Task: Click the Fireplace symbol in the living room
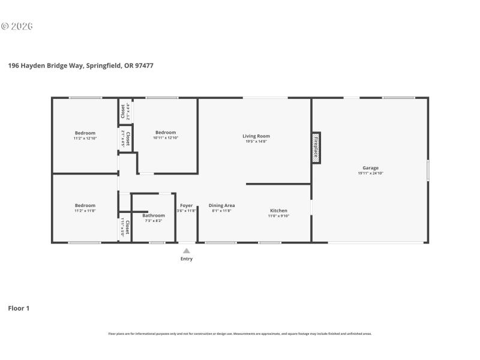[x=316, y=148]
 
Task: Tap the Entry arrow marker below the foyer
[x=187, y=251]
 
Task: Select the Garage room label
[x=370, y=167]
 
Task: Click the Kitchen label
[x=278, y=211]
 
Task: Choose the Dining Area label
[x=221, y=205]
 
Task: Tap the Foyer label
[x=187, y=205]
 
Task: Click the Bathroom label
[x=154, y=215]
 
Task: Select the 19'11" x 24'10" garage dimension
[x=370, y=173]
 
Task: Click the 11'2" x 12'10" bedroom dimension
[x=85, y=138]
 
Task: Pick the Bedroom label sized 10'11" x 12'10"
[x=166, y=132]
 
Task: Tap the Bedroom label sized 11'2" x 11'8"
[x=85, y=205]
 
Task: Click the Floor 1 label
[x=19, y=308]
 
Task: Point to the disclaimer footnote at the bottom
[x=239, y=334]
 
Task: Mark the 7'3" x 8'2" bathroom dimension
[x=154, y=221]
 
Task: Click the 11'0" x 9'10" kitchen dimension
[x=278, y=216]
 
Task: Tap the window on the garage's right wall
[x=427, y=170]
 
